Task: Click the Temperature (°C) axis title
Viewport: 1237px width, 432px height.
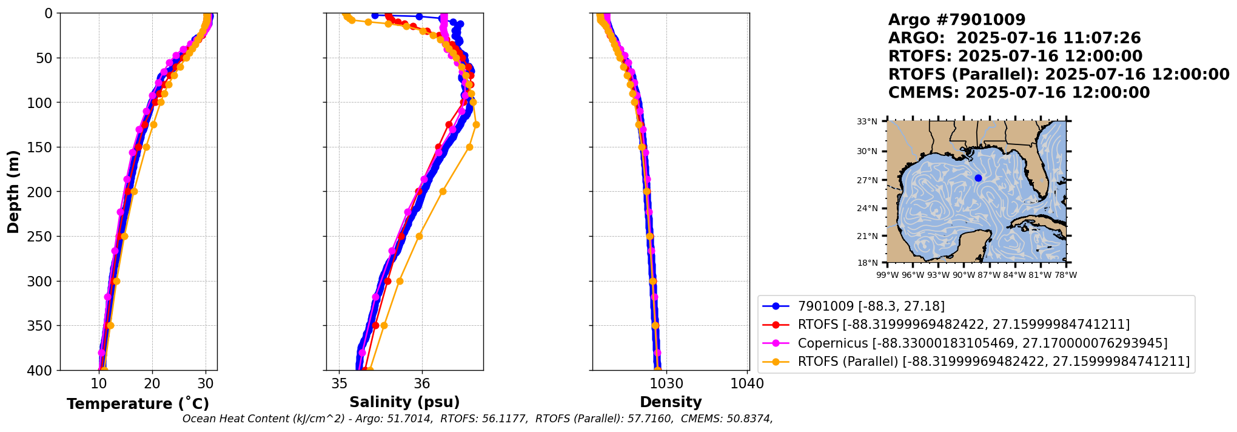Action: pyautogui.click(x=138, y=403)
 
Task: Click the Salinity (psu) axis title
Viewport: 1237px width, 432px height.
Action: pyautogui.click(x=404, y=402)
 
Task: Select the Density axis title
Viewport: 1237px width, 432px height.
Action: pyautogui.click(x=671, y=402)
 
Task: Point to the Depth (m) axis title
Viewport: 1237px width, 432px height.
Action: pyautogui.click(x=13, y=192)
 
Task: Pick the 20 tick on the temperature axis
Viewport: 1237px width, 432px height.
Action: pyautogui.click(x=152, y=383)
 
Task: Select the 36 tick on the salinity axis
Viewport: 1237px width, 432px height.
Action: pyautogui.click(x=421, y=383)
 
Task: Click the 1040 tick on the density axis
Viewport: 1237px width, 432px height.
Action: pyautogui.click(x=748, y=383)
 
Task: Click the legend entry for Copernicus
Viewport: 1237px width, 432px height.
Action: pyautogui.click(x=982, y=343)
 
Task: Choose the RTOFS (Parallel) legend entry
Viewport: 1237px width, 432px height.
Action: pyautogui.click(x=993, y=362)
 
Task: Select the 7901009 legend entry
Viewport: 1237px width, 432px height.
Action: pyautogui.click(x=871, y=306)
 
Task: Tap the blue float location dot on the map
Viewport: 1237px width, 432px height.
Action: pyautogui.click(x=978, y=178)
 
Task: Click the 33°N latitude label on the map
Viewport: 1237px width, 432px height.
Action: pyautogui.click(x=867, y=122)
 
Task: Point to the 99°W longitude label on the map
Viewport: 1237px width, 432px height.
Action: pyautogui.click(x=887, y=275)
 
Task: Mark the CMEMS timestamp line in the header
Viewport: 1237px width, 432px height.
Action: pyautogui.click(x=1019, y=93)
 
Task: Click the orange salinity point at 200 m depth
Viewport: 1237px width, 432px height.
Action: pyautogui.click(x=443, y=192)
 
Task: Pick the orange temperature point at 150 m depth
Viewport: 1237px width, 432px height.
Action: pyautogui.click(x=146, y=147)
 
